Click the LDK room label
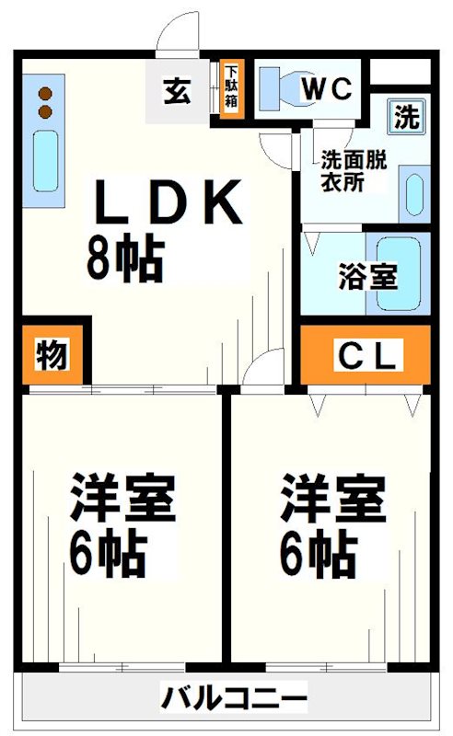168,201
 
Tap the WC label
327,87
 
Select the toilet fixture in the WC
281,87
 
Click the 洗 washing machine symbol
406,117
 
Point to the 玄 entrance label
177,91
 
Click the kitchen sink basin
46,160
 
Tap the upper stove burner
45,94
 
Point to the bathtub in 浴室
399,273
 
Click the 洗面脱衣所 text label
354,170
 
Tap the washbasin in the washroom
414,195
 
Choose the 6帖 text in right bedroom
318,555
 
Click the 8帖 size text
125,258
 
